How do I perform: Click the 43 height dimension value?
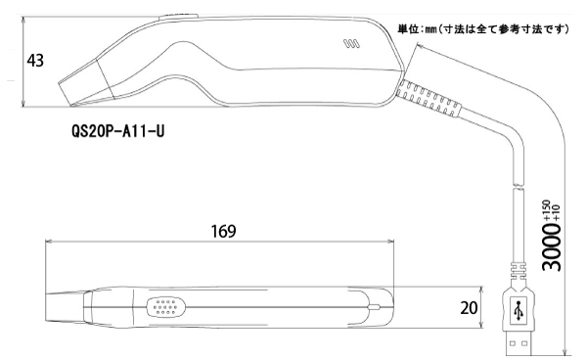[x=35, y=61]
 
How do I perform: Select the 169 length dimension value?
[x=223, y=231]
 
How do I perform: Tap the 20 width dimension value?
[x=469, y=308]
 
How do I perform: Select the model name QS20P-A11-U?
[x=118, y=131]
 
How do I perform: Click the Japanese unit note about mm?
[x=483, y=29]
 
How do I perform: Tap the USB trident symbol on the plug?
[x=519, y=310]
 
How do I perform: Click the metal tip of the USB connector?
[x=519, y=343]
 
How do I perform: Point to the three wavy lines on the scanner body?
[x=351, y=44]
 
